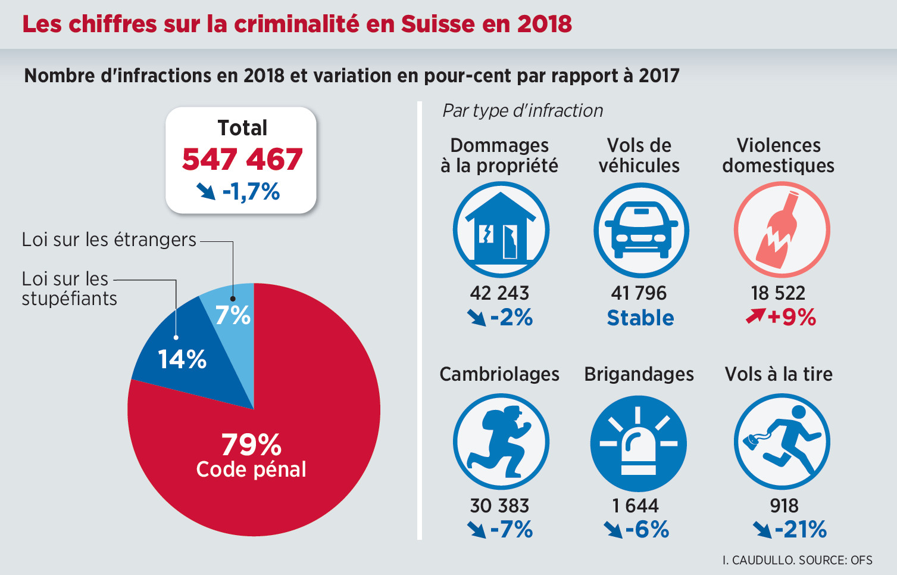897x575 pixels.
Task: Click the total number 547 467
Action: click(242, 160)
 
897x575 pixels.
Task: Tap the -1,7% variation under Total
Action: click(251, 192)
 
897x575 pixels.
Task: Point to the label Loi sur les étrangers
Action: click(109, 240)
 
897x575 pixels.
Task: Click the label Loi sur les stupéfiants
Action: click(69, 288)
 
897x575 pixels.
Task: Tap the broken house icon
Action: click(501, 230)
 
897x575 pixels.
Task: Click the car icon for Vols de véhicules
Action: click(641, 230)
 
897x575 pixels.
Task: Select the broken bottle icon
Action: click(781, 230)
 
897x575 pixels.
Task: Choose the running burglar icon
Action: click(501, 442)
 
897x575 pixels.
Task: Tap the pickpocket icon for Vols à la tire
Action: click(782, 442)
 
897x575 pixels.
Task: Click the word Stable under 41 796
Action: click(640, 318)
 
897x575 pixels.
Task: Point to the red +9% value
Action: click(791, 317)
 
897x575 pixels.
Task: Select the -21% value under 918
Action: click(801, 529)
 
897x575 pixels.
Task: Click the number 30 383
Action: click(499, 506)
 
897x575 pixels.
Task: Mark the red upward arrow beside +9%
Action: click(755, 316)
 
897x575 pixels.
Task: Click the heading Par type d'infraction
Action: click(523, 111)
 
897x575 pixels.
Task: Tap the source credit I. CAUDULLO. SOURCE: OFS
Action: click(797, 560)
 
